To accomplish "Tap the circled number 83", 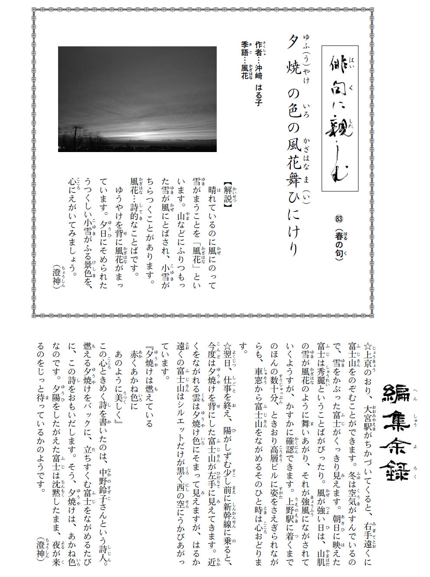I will coord(339,219).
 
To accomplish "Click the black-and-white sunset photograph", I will coord(137,99).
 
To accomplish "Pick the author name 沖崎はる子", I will coord(259,85).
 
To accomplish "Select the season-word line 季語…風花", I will coord(245,60).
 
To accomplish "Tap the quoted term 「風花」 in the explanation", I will coord(197,255).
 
